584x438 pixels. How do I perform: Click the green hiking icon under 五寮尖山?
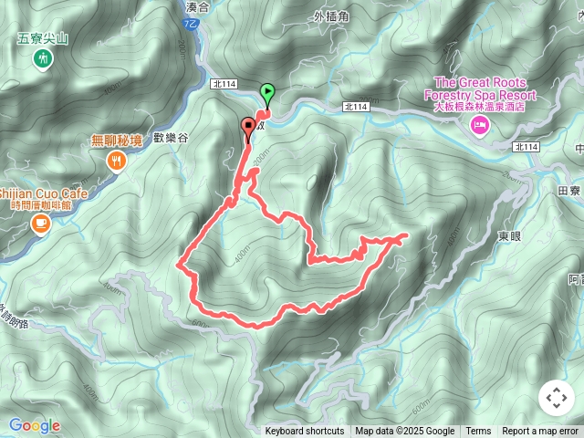(41, 58)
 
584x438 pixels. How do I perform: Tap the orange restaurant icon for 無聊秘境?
(117, 162)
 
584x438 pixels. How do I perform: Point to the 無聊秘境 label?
(117, 141)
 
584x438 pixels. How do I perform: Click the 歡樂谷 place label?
(171, 138)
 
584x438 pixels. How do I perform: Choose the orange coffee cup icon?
(40, 222)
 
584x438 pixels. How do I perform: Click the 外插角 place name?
(332, 16)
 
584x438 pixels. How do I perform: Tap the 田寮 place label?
(568, 191)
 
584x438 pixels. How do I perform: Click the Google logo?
(35, 425)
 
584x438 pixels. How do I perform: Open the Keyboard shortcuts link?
(305, 432)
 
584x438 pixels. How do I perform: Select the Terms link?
(478, 432)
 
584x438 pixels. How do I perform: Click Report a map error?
(540, 432)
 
